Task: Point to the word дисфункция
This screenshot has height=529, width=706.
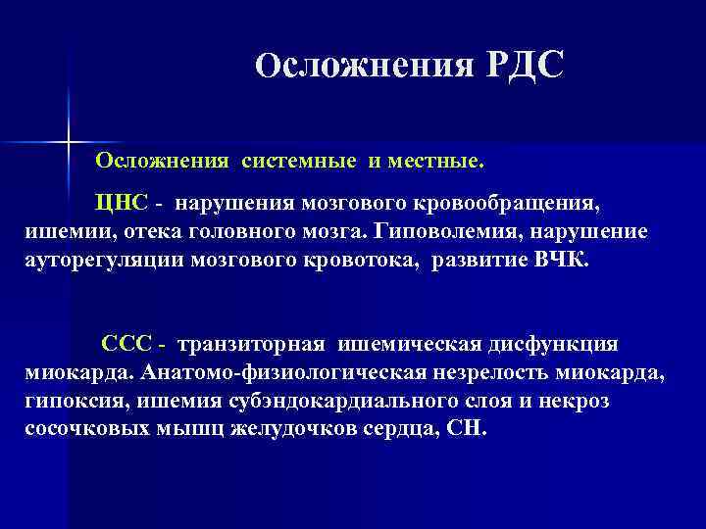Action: (x=559, y=346)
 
